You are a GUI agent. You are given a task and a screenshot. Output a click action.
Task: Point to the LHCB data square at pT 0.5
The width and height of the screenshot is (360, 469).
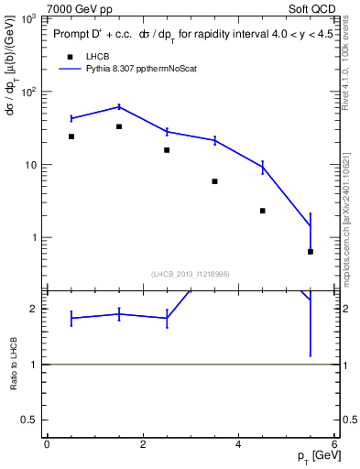[x=71, y=136]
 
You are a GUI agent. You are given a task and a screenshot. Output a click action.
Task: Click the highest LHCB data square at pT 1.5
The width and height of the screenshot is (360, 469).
[x=119, y=126]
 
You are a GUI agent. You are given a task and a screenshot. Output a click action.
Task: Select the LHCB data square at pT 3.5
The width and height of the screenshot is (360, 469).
[x=214, y=181]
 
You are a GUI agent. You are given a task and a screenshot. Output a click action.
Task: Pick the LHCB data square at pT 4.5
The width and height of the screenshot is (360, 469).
[x=263, y=211]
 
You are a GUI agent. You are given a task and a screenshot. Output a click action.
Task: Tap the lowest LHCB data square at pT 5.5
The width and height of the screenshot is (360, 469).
[x=311, y=252]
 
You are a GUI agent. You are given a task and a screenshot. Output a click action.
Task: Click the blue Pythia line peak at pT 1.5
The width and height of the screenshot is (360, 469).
[x=119, y=106]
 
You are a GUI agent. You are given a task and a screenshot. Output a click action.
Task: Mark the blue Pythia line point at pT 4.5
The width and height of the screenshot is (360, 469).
[x=263, y=167]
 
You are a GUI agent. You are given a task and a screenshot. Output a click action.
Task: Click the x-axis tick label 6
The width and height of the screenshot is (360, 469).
[x=334, y=443]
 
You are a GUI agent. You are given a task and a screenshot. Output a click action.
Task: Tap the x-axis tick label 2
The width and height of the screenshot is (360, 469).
[x=143, y=443]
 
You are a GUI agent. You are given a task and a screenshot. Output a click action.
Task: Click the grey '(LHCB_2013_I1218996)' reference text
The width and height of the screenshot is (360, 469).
[x=190, y=274]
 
